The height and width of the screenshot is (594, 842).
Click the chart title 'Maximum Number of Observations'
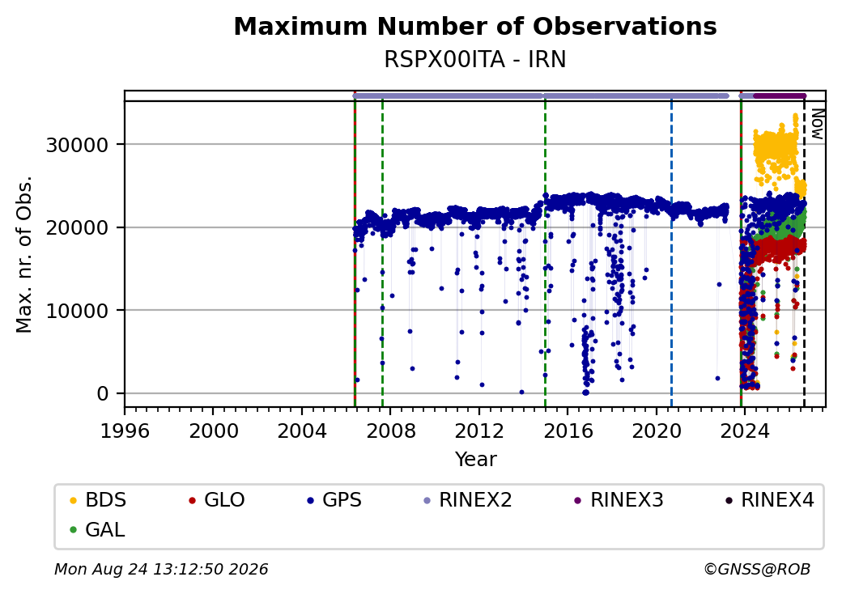(x=475, y=27)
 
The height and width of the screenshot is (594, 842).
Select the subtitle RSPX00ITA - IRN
(x=475, y=60)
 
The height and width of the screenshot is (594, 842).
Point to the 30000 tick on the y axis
(x=78, y=145)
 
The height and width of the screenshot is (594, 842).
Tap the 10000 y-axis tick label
(x=78, y=311)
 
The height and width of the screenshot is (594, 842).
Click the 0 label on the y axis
(x=103, y=394)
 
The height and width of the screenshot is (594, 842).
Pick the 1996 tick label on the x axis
(x=125, y=431)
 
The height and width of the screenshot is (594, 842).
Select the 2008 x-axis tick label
(x=391, y=431)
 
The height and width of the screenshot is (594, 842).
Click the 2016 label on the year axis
(x=568, y=431)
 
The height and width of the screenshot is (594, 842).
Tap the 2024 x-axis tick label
(x=745, y=431)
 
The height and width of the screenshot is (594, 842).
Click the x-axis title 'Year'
(x=476, y=460)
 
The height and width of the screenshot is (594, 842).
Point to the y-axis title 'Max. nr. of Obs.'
(x=24, y=254)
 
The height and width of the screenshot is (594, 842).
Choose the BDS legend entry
(x=98, y=500)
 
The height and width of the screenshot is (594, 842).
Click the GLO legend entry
(x=217, y=500)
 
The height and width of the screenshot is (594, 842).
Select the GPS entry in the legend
(x=334, y=500)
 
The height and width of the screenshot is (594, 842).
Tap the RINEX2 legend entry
(x=468, y=500)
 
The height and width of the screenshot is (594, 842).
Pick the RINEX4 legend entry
(x=769, y=500)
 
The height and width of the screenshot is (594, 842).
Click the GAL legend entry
(x=98, y=529)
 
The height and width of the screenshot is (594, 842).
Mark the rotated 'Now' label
(x=817, y=124)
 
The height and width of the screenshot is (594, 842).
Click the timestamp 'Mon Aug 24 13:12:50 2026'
(x=161, y=569)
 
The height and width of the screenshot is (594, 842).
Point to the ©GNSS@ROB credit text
(x=757, y=569)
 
